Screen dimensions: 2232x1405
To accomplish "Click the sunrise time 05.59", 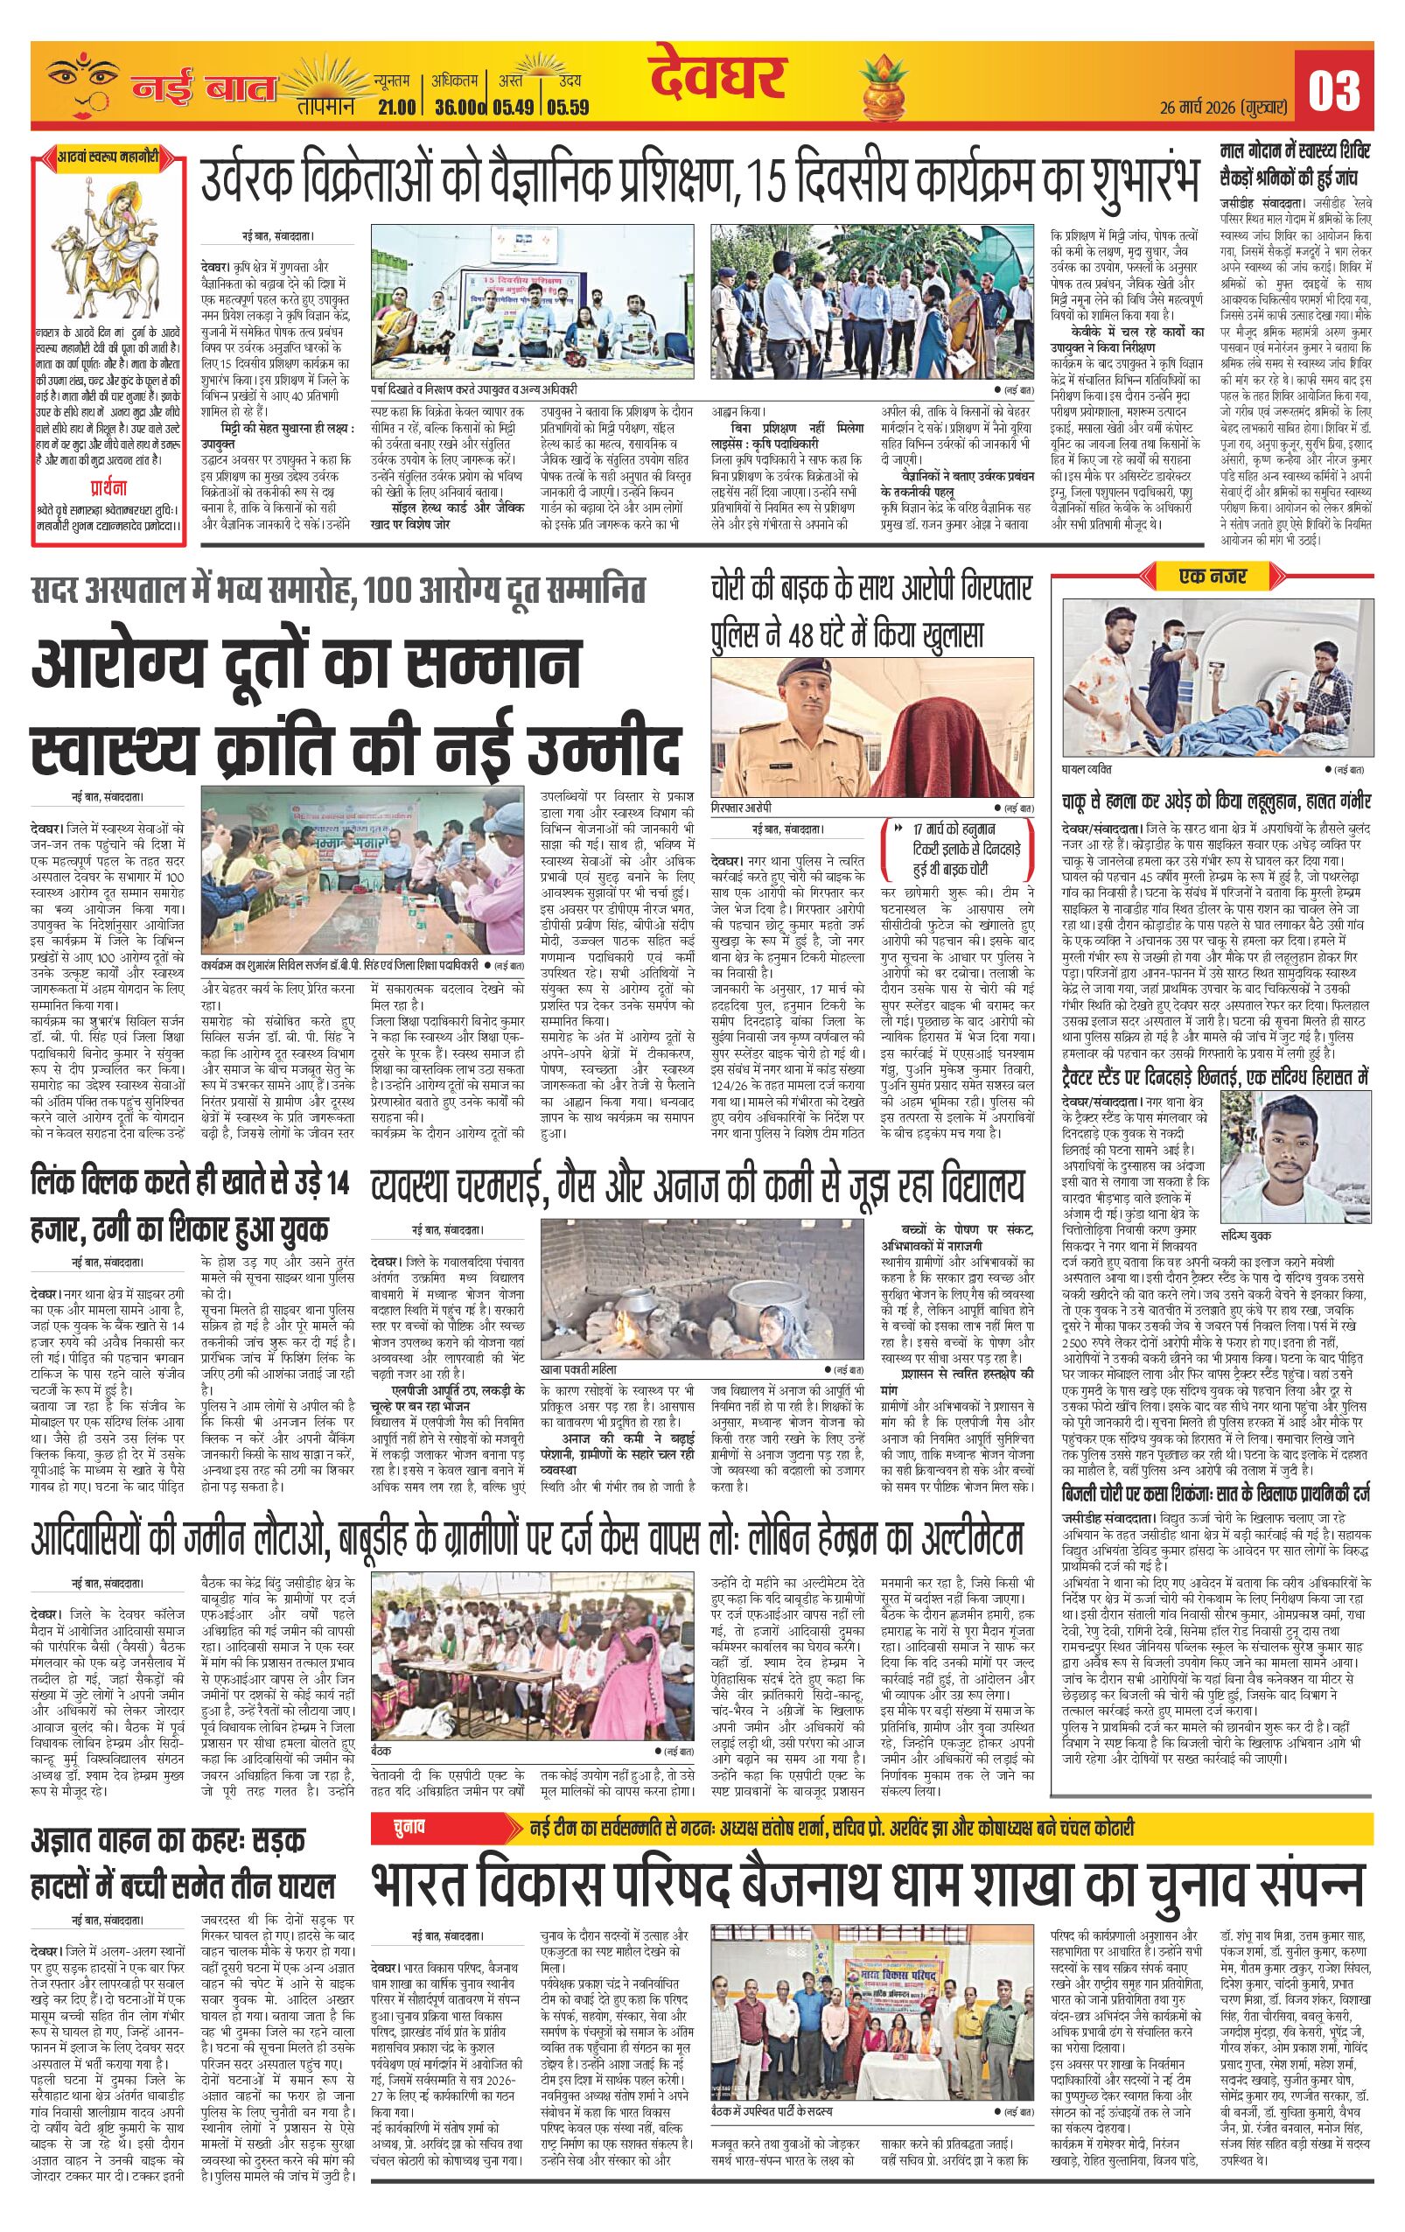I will pos(567,107).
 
